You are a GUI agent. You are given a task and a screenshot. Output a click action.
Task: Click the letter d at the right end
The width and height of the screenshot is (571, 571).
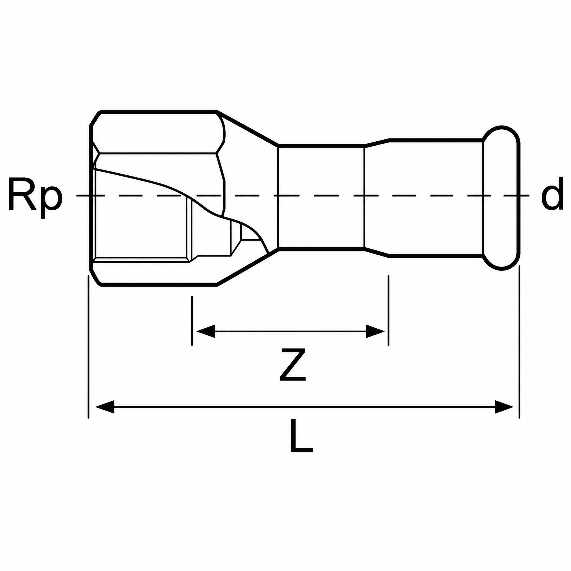[552, 194]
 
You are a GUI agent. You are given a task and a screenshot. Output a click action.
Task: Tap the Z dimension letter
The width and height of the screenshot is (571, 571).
[292, 364]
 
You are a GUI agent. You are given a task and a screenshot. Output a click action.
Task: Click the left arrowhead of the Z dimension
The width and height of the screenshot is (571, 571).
[205, 331]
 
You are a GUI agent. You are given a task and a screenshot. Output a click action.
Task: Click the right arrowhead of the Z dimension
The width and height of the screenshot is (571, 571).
[375, 331]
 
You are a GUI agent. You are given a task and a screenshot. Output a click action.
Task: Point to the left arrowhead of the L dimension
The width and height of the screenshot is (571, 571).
[105, 407]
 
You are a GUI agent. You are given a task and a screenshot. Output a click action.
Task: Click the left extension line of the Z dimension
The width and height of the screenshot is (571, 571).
[192, 321]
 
